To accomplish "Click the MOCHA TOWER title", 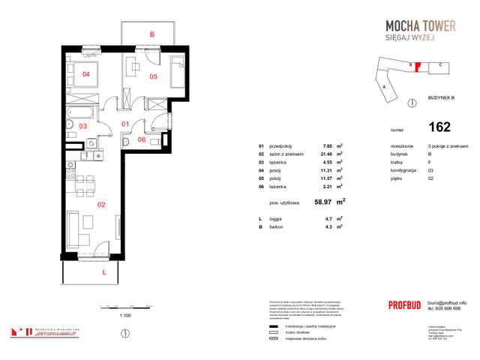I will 415,25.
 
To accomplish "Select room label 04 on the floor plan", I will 86,74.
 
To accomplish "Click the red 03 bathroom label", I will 83,127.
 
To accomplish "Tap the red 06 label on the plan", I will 142,139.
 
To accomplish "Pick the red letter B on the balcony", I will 151,34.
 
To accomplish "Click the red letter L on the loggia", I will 103,273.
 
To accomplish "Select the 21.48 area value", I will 326,154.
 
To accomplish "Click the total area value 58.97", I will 324,202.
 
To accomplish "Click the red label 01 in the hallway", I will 126,124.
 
